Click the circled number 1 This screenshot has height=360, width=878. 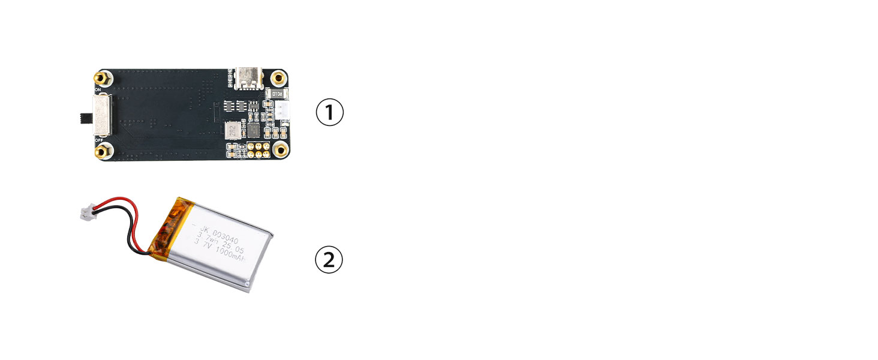tap(329, 113)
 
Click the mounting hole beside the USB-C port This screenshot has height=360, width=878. tap(278, 77)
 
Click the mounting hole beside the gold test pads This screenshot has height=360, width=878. tap(279, 150)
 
